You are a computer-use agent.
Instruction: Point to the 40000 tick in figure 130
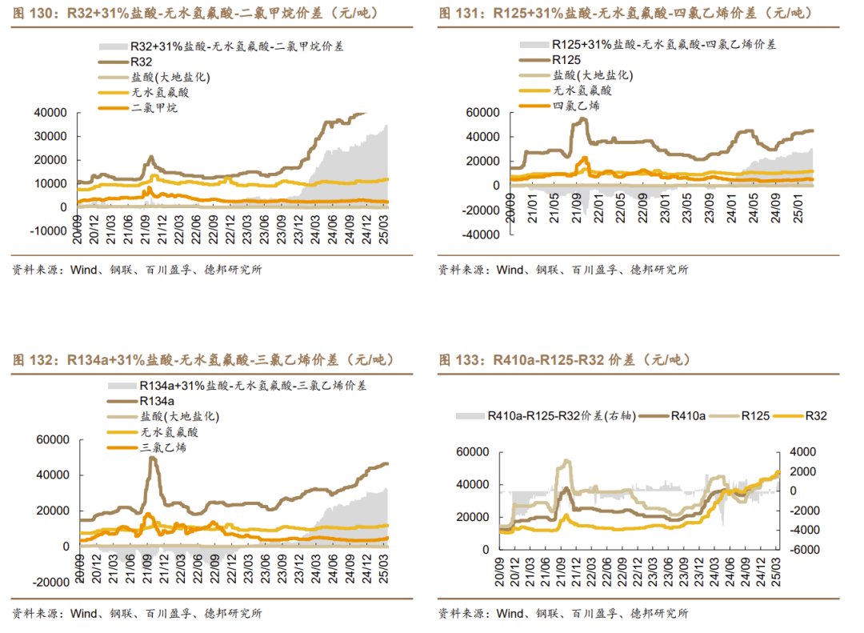[x=50, y=113]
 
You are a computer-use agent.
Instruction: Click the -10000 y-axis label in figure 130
[x=48, y=231]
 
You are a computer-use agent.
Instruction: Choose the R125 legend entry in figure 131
[x=566, y=59]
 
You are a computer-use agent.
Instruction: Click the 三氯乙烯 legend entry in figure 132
[x=164, y=447]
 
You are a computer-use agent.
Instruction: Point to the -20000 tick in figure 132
[x=50, y=582]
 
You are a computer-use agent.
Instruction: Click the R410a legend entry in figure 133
[x=688, y=415]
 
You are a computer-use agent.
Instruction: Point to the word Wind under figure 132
[x=84, y=614]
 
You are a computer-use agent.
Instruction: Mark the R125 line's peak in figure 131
[x=582, y=118]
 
